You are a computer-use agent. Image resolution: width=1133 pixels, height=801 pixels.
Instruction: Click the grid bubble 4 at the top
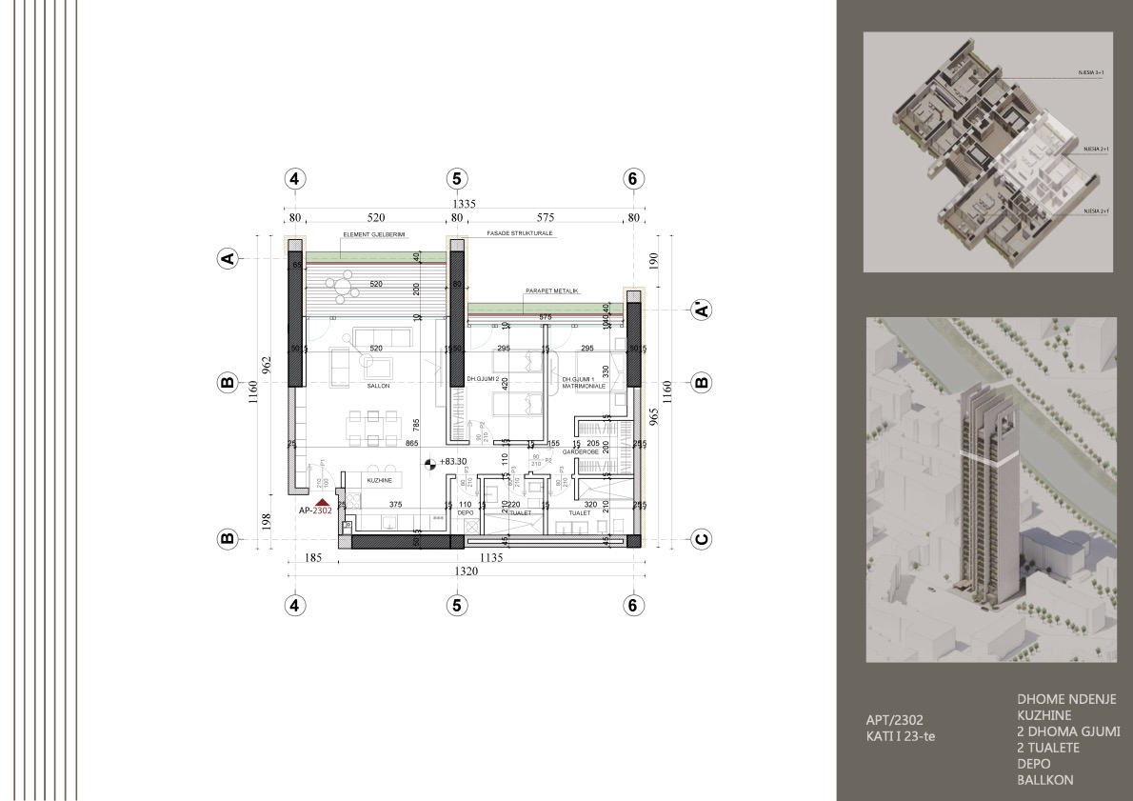tap(295, 178)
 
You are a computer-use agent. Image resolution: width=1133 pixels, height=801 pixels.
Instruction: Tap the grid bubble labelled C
tap(701, 539)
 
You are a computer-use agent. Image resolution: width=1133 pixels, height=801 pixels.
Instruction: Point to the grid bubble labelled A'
tap(701, 310)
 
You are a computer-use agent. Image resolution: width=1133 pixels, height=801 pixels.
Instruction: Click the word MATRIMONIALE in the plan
tap(583, 386)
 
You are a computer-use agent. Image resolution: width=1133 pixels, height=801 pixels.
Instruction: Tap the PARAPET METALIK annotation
tap(551, 290)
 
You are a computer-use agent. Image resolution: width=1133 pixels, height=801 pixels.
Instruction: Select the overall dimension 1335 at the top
tap(464, 203)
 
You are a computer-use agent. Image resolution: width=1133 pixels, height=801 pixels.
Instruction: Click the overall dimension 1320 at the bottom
tap(462, 571)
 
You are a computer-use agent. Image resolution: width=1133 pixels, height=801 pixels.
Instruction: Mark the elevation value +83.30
tap(454, 462)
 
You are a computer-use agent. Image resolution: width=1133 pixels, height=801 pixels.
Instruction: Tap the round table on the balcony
tap(341, 283)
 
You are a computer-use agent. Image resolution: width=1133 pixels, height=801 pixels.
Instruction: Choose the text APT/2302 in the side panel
tap(888, 720)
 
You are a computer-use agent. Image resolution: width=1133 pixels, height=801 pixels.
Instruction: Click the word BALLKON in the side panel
tap(1046, 779)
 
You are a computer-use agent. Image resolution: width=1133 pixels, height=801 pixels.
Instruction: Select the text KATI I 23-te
tap(894, 736)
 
